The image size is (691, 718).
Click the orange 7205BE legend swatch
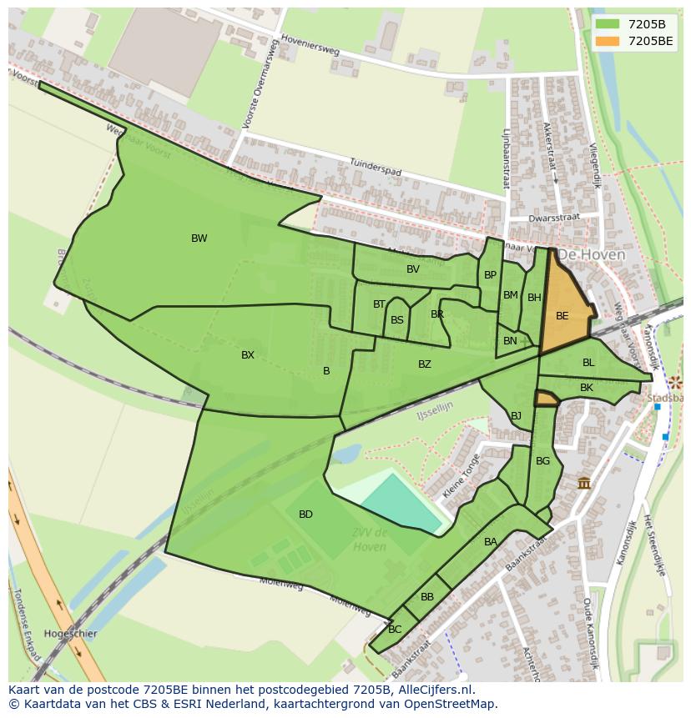608,41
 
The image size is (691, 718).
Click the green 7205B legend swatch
608,24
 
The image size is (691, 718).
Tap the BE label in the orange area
562,316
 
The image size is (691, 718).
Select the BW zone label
199,238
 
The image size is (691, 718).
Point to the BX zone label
248,355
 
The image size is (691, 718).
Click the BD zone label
305,515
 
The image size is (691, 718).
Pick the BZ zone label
425,364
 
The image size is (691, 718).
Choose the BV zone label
413,269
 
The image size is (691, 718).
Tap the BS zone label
397,320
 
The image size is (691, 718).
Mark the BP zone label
490,275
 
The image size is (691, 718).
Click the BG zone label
542,461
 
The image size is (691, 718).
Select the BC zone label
395,630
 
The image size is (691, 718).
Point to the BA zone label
491,542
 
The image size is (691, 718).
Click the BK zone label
587,388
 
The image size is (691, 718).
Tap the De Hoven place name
591,254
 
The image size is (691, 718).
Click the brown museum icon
584,483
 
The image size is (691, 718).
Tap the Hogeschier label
70,634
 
